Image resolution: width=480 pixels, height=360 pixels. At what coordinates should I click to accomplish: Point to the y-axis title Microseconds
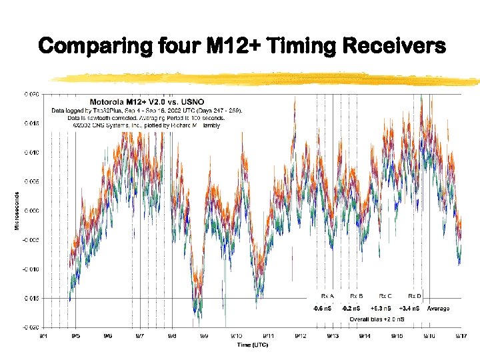pyautogui.click(x=17, y=211)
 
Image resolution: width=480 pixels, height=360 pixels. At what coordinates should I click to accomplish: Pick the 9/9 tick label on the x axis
pyautogui.click(x=203, y=336)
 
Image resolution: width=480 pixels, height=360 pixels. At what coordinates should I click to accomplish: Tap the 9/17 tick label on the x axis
pyautogui.click(x=461, y=336)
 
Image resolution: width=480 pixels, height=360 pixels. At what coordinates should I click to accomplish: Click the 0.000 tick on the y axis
pyautogui.click(x=33, y=211)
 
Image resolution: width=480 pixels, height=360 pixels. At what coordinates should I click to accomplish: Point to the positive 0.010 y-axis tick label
pyautogui.click(x=33, y=153)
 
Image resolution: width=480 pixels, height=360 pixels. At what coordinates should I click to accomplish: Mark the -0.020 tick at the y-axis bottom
pyautogui.click(x=32, y=328)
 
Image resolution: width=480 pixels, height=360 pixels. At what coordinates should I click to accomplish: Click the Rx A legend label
pyautogui.click(x=327, y=295)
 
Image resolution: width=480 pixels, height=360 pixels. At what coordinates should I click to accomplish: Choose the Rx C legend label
pyautogui.click(x=385, y=295)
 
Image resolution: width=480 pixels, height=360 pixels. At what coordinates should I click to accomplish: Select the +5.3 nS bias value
pyautogui.click(x=381, y=309)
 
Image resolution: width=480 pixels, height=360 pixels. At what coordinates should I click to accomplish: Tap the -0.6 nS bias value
pyautogui.click(x=322, y=309)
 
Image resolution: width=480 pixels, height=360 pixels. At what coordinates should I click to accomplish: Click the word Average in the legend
pyautogui.click(x=438, y=309)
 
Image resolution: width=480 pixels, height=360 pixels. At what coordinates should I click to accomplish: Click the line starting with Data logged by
pyautogui.click(x=147, y=110)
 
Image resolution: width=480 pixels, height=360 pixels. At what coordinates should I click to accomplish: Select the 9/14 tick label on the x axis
pyautogui.click(x=365, y=336)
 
